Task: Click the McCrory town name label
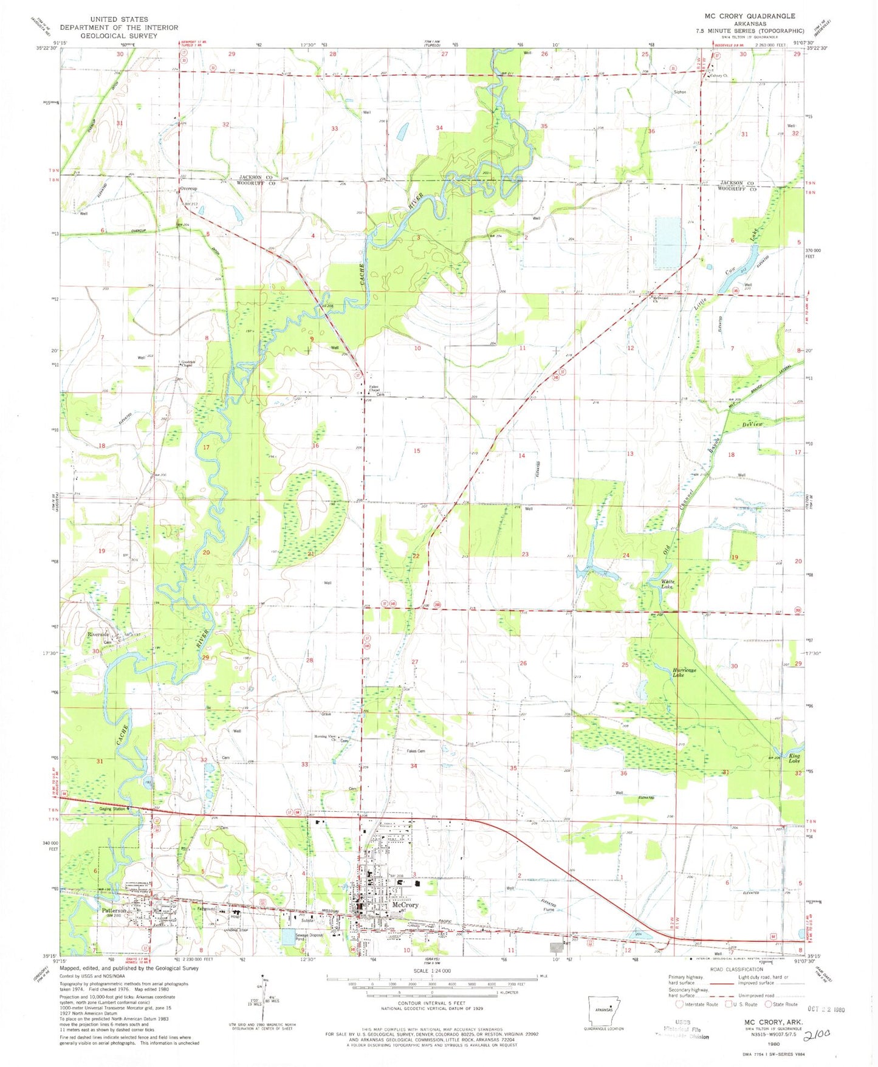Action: coord(405,904)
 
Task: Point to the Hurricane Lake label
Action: coord(684,672)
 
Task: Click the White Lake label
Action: coord(667,584)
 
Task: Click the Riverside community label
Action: coord(98,634)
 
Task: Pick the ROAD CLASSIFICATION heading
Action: coord(738,969)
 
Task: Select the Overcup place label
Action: coord(188,188)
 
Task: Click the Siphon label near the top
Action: coord(679,92)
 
